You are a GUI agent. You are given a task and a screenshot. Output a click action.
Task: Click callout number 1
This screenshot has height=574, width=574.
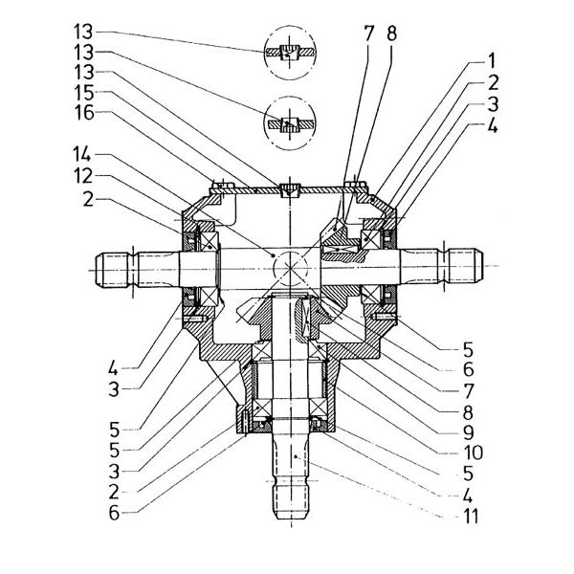click(x=492, y=61)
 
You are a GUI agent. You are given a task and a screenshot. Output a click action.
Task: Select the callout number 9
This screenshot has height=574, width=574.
click(x=469, y=432)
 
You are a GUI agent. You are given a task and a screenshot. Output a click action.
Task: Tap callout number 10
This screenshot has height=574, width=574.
click(x=474, y=453)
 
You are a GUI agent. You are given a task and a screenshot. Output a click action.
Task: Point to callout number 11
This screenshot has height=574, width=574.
click(x=471, y=517)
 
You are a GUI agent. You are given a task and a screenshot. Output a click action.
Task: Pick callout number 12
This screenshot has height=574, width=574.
click(x=83, y=176)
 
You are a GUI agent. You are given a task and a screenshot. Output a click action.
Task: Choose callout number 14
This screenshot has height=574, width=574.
click(x=82, y=154)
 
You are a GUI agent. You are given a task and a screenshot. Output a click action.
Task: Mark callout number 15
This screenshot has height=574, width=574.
click(x=84, y=93)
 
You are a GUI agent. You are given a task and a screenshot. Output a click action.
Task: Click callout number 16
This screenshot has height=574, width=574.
click(x=84, y=113)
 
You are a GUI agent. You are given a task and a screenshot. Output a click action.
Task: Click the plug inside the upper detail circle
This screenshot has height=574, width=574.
click(x=290, y=53)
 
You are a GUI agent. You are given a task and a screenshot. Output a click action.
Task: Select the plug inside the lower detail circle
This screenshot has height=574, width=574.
click(x=290, y=124)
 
